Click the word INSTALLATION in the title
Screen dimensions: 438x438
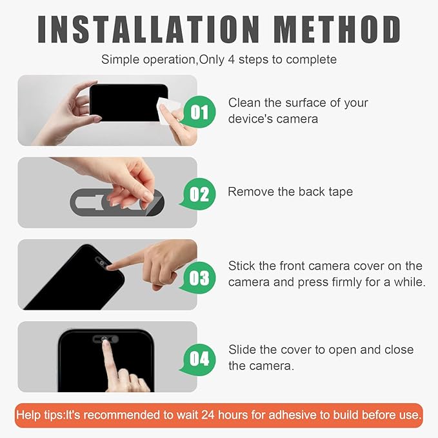click(148, 29)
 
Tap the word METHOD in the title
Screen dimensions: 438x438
click(337, 29)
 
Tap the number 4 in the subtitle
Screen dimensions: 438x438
click(231, 59)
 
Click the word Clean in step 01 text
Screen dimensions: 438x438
click(244, 103)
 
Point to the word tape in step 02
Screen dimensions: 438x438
click(341, 192)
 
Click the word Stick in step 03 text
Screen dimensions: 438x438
click(242, 266)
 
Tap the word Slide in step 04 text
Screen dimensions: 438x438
click(242, 350)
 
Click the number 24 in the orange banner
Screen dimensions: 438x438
click(208, 415)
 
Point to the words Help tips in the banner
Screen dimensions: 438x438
click(40, 415)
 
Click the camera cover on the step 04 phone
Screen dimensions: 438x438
click(106, 339)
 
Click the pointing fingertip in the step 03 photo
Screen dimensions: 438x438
click(110, 267)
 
